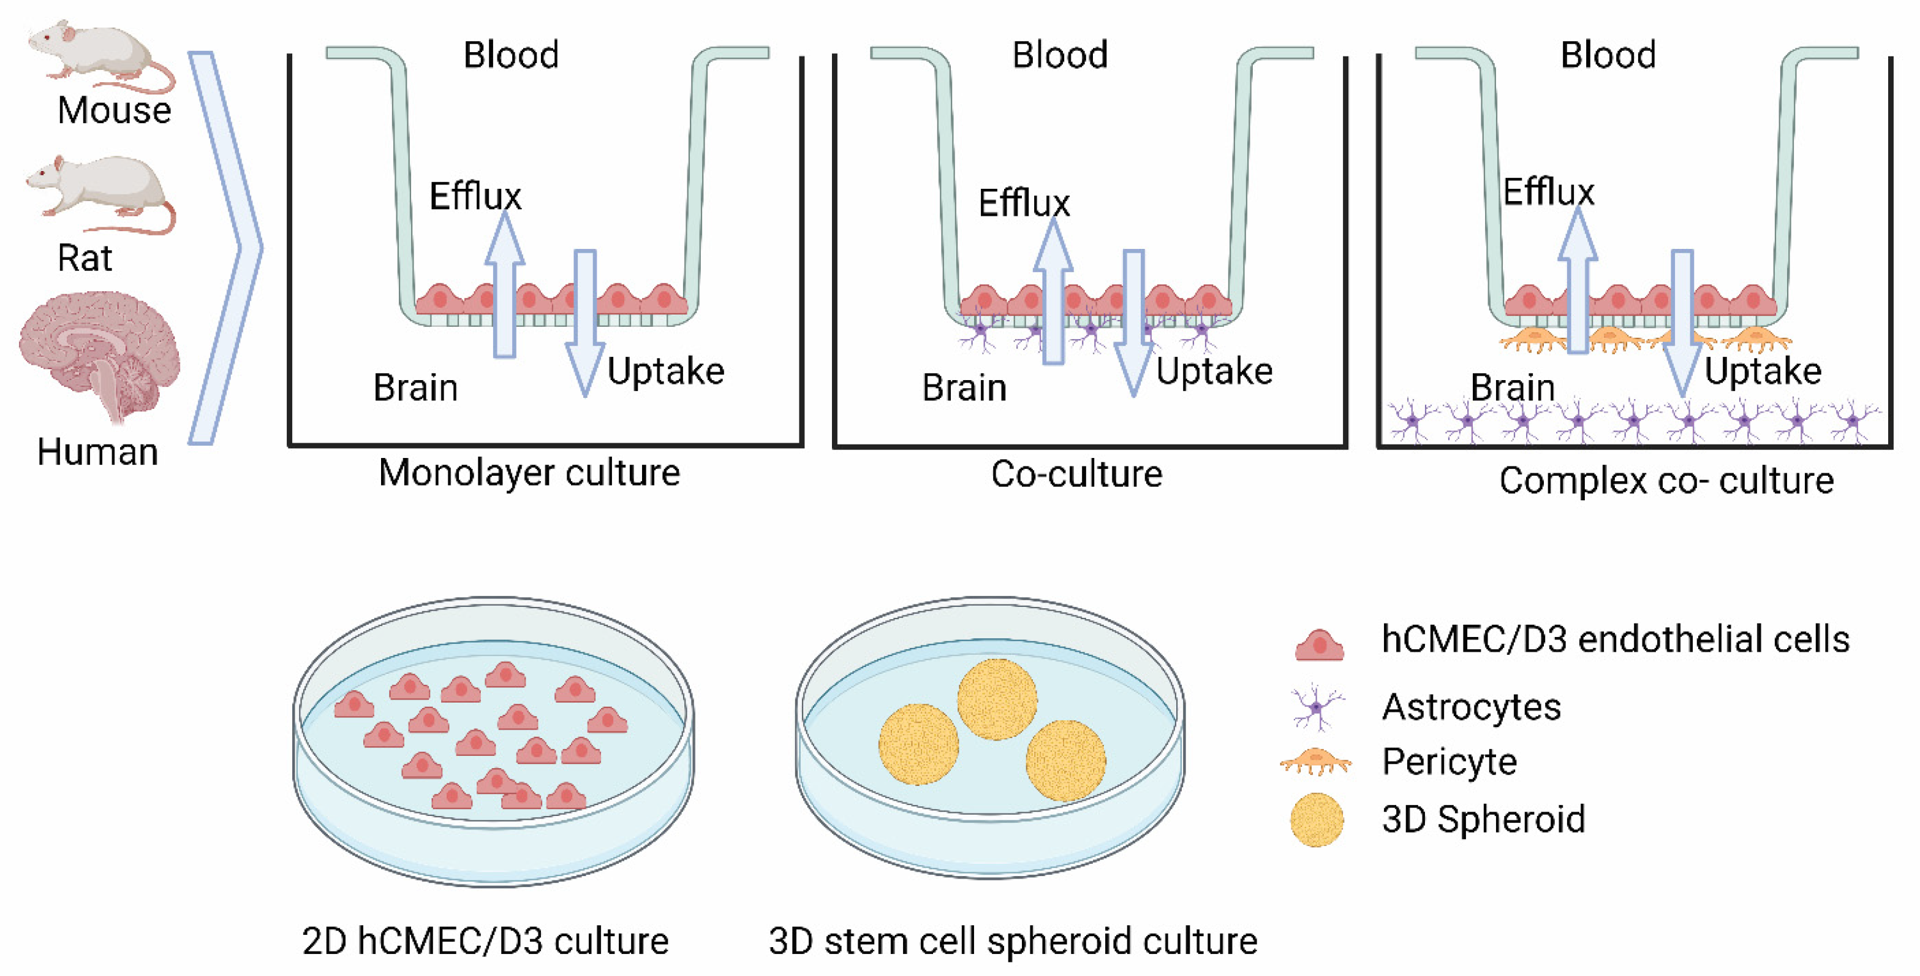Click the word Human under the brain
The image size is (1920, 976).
tap(97, 452)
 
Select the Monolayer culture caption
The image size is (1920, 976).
tap(529, 473)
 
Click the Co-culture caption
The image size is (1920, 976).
tap(1076, 475)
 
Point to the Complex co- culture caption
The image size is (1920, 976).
tap(1666, 480)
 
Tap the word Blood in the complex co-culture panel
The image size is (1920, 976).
tap(1608, 55)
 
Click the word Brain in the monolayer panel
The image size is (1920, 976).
tap(415, 387)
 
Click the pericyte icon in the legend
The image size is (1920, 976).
tap(1315, 762)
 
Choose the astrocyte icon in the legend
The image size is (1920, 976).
tap(1317, 707)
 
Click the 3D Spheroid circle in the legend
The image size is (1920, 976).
tap(1317, 820)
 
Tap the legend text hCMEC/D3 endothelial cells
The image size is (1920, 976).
tap(1614, 639)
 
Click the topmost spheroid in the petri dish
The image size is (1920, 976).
tap(997, 699)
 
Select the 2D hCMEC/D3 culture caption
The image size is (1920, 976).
tap(485, 941)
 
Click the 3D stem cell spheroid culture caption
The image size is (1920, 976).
tap(1012, 941)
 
